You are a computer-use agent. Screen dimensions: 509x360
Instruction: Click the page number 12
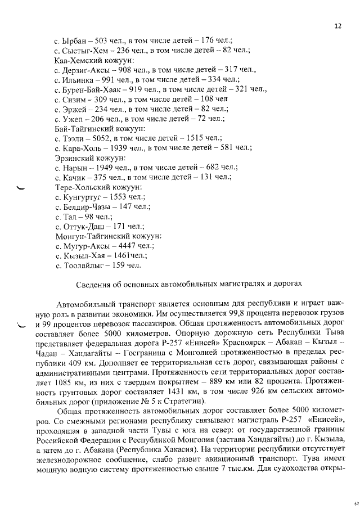point(337,25)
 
